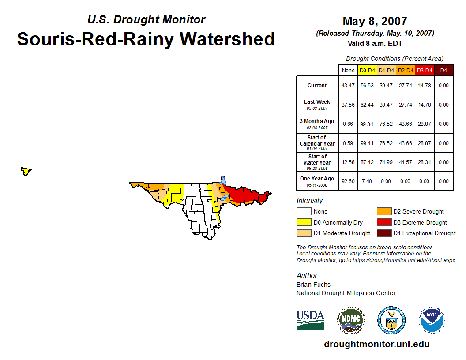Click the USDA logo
click(310, 320)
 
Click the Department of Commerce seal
click(391, 320)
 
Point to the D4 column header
click(443, 71)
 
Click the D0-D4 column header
click(367, 71)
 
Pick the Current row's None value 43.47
click(348, 86)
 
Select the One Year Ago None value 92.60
click(348, 181)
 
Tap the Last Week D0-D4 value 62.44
click(367, 105)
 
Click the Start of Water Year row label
click(317, 162)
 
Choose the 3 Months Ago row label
click(317, 124)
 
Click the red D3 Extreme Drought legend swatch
click(384, 222)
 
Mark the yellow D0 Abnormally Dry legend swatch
click(304, 222)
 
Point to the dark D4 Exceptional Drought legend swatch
click(384, 233)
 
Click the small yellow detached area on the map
click(26, 171)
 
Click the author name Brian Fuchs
click(313, 285)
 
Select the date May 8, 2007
click(375, 21)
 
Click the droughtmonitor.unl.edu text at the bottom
click(376, 344)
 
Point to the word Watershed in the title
click(227, 39)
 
